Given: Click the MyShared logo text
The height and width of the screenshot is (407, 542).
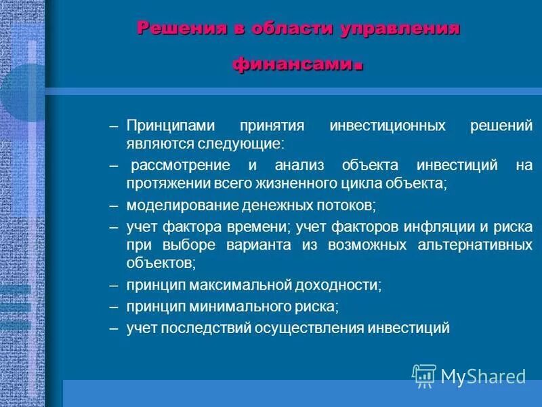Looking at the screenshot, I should click(x=483, y=375).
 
